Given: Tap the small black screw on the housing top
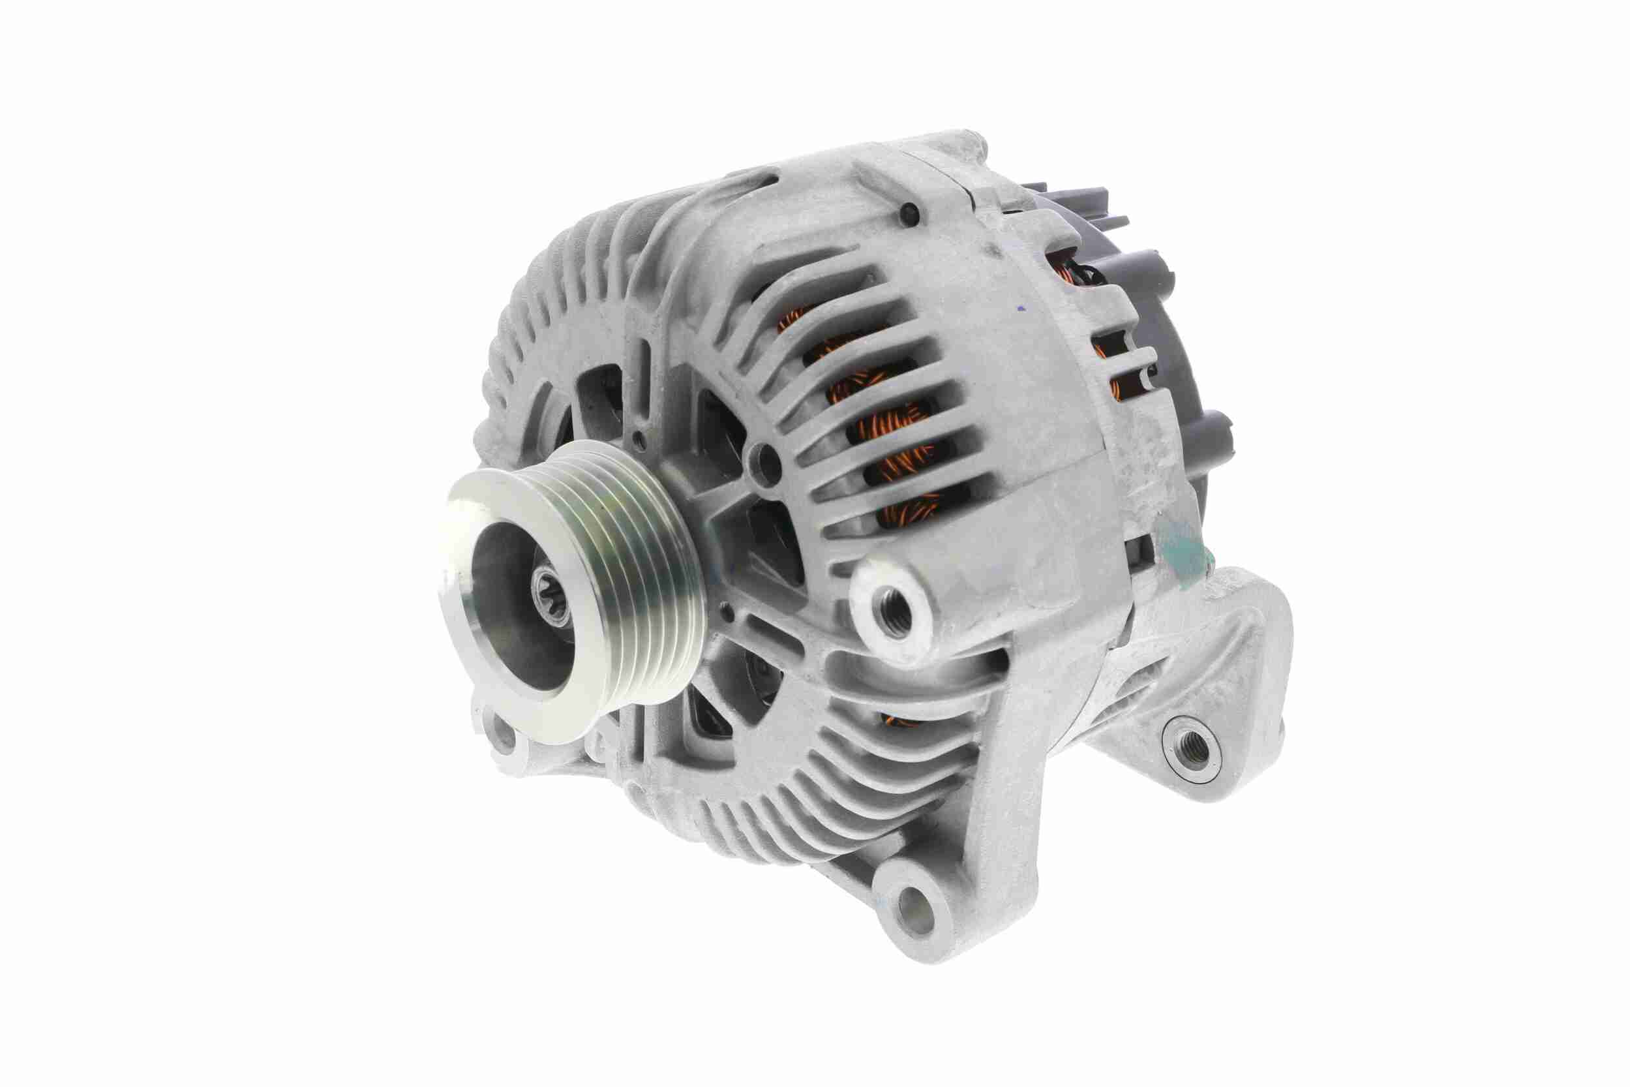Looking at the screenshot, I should pos(911,215).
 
